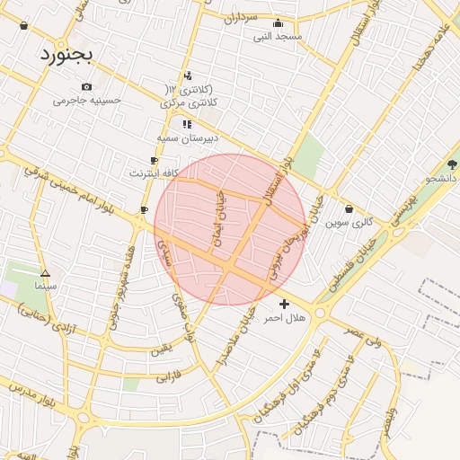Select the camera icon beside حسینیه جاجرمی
86,87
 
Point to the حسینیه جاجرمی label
86,101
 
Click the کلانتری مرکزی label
190,104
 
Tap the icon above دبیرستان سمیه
187,124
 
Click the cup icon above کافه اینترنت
154,160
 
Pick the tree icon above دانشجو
452,164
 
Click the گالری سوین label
349,221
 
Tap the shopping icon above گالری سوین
349,208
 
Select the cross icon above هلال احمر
285,305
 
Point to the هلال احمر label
285,318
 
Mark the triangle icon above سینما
45,272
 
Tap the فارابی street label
169,377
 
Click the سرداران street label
241,17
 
